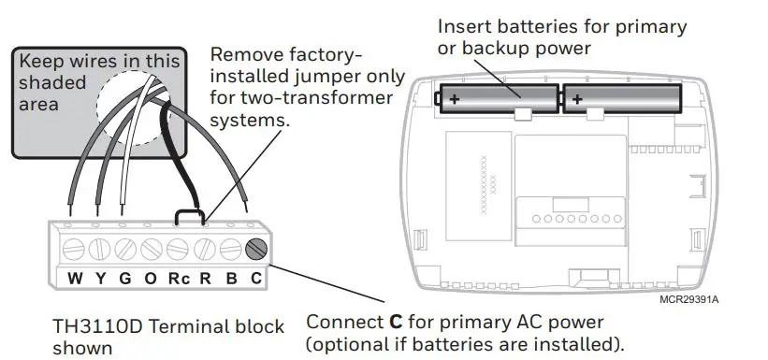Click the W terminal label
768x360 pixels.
click(x=75, y=279)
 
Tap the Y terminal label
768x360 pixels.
click(x=100, y=279)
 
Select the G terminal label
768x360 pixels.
click(x=125, y=279)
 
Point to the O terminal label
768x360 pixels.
click(x=151, y=279)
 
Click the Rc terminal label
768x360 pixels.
click(x=179, y=279)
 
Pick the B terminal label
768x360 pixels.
click(x=232, y=279)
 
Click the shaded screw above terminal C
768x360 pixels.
click(x=256, y=250)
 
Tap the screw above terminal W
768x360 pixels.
click(x=74, y=250)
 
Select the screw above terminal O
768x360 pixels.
click(x=152, y=250)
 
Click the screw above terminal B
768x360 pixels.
click(x=230, y=250)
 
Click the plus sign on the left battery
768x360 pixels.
click(x=455, y=99)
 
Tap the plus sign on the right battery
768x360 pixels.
click(x=577, y=99)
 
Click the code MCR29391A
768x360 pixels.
click(x=689, y=299)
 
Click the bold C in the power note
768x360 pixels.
click(x=396, y=323)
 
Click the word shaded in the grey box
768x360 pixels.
click(x=52, y=82)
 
